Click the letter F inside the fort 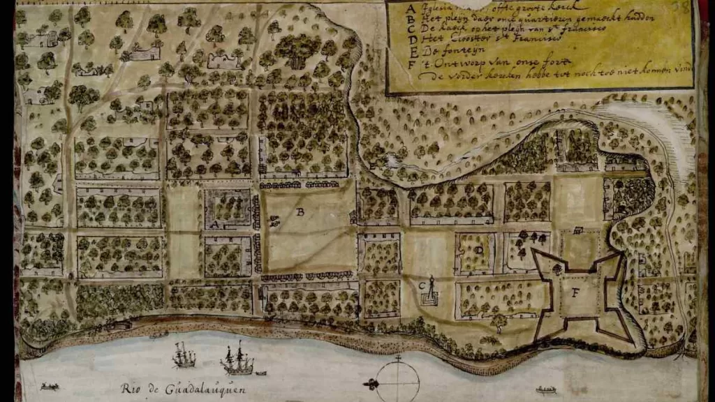[575, 293]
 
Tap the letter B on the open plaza [300, 213]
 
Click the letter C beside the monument [421, 285]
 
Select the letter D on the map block [479, 249]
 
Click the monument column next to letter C [432, 289]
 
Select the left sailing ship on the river [184, 357]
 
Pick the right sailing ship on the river [237, 361]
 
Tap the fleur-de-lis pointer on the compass [370, 384]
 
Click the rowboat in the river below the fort [546, 389]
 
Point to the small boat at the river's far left [50, 386]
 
